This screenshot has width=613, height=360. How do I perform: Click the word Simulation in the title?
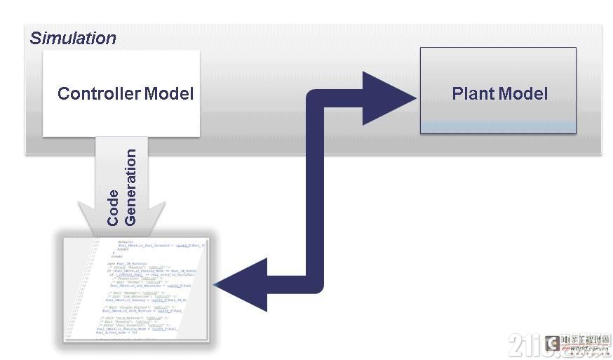73,39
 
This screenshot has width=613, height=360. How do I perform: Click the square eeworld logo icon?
553,342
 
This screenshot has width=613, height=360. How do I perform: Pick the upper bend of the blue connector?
319,98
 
